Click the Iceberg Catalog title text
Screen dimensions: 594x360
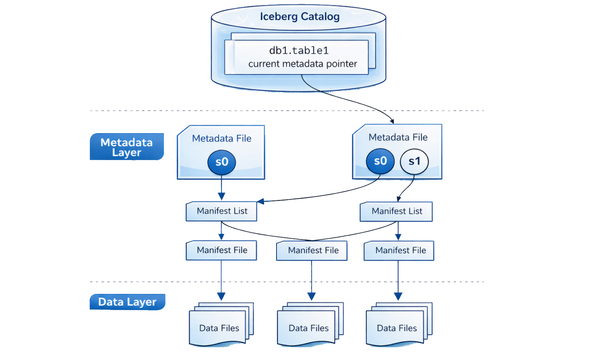tap(300, 17)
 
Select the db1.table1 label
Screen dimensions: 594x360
tap(299, 50)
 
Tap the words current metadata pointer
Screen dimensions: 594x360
tap(302, 64)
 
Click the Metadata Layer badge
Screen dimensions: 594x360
tap(127, 147)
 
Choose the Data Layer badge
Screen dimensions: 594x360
tap(128, 302)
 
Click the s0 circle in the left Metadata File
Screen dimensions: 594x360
tap(222, 162)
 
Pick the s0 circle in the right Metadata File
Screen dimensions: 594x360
tap(380, 161)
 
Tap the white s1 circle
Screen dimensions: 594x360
tap(414, 162)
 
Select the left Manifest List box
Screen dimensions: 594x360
tap(222, 211)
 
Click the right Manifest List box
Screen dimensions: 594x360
tap(396, 212)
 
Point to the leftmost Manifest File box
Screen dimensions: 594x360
tap(222, 250)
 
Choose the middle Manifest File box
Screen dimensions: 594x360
tap(312, 251)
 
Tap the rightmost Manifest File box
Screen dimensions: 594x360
tap(399, 251)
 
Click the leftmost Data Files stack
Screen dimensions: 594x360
tap(222, 324)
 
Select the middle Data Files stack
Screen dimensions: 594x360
tap(310, 324)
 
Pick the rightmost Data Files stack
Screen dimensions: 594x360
tap(399, 324)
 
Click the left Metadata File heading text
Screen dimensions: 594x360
tap(222, 138)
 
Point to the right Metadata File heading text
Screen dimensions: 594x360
tap(398, 137)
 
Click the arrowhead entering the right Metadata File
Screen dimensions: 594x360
tap(392, 121)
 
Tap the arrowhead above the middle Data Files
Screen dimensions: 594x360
tap(312, 296)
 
